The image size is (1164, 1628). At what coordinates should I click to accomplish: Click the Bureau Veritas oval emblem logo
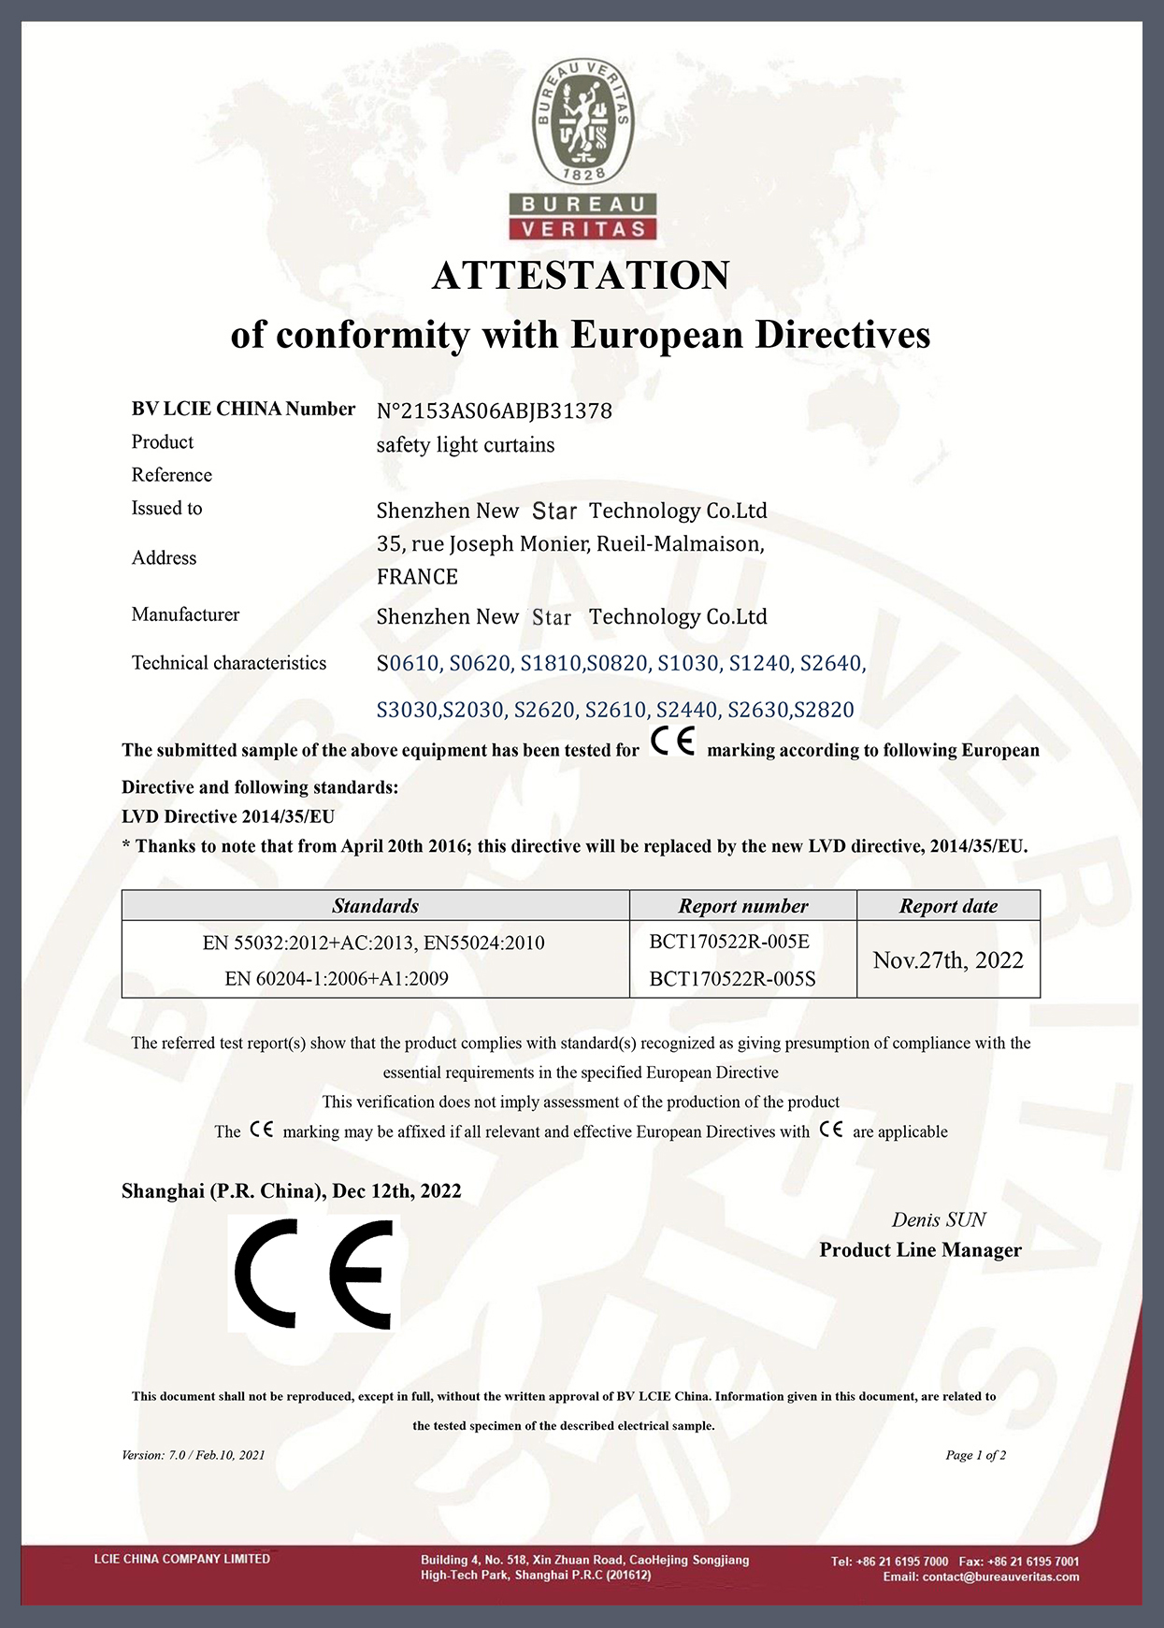coord(582,122)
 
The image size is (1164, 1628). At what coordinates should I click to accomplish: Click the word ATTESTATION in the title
coord(581,276)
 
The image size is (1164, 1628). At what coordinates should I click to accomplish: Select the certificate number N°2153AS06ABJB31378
coord(494,411)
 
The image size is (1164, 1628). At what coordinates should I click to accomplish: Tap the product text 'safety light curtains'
coord(465,445)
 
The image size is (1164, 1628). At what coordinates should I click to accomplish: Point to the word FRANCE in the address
coord(417,577)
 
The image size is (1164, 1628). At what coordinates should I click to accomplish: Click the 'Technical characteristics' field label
coord(229,663)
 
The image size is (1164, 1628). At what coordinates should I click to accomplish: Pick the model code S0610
coord(408,664)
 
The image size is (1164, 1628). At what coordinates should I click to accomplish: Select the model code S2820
coord(823,710)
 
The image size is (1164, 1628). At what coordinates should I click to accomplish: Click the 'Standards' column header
coord(375,906)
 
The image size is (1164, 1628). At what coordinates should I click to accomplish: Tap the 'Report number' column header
coord(743,906)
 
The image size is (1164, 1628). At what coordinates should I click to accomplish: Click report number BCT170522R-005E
coord(729,942)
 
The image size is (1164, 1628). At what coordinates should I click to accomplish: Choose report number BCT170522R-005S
coord(732,979)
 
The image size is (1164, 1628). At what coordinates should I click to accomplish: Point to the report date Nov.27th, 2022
coord(948,960)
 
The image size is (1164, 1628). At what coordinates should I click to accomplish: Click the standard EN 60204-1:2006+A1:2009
coord(337,979)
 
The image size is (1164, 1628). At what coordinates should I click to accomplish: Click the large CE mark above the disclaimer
coord(314,1273)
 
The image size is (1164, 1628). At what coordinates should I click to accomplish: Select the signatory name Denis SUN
coord(939,1219)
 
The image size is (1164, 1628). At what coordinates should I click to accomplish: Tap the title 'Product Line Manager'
coord(920,1250)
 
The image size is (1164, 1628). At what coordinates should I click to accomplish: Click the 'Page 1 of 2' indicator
coord(975,1455)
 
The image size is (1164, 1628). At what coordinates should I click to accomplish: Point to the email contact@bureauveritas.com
coord(981,1577)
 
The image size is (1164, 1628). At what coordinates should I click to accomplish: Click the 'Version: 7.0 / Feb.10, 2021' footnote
coord(194,1455)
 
